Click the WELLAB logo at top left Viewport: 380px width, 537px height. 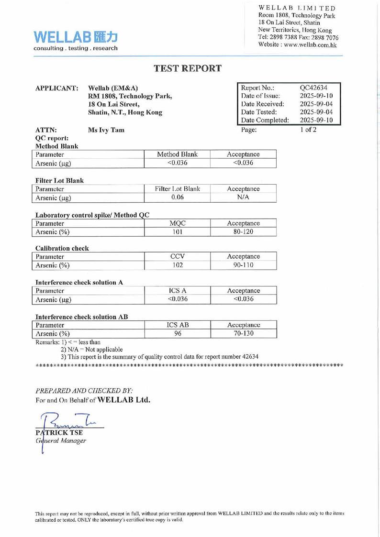(x=75, y=40)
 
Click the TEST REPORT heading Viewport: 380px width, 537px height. (x=188, y=68)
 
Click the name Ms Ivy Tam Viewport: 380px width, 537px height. (x=107, y=130)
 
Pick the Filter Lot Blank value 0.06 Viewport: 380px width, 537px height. (x=177, y=197)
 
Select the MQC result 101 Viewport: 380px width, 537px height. (x=177, y=232)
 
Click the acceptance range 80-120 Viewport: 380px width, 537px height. (x=243, y=232)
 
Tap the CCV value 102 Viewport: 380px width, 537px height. (x=177, y=265)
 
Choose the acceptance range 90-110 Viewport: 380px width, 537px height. (x=243, y=265)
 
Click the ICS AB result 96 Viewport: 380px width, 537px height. (x=177, y=334)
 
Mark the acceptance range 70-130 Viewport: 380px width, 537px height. (x=243, y=334)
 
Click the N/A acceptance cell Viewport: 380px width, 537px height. (x=243, y=197)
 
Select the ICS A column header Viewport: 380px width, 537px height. (x=177, y=291)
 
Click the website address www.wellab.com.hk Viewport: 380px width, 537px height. (x=313, y=44)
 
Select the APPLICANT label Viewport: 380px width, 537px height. (x=57, y=88)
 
